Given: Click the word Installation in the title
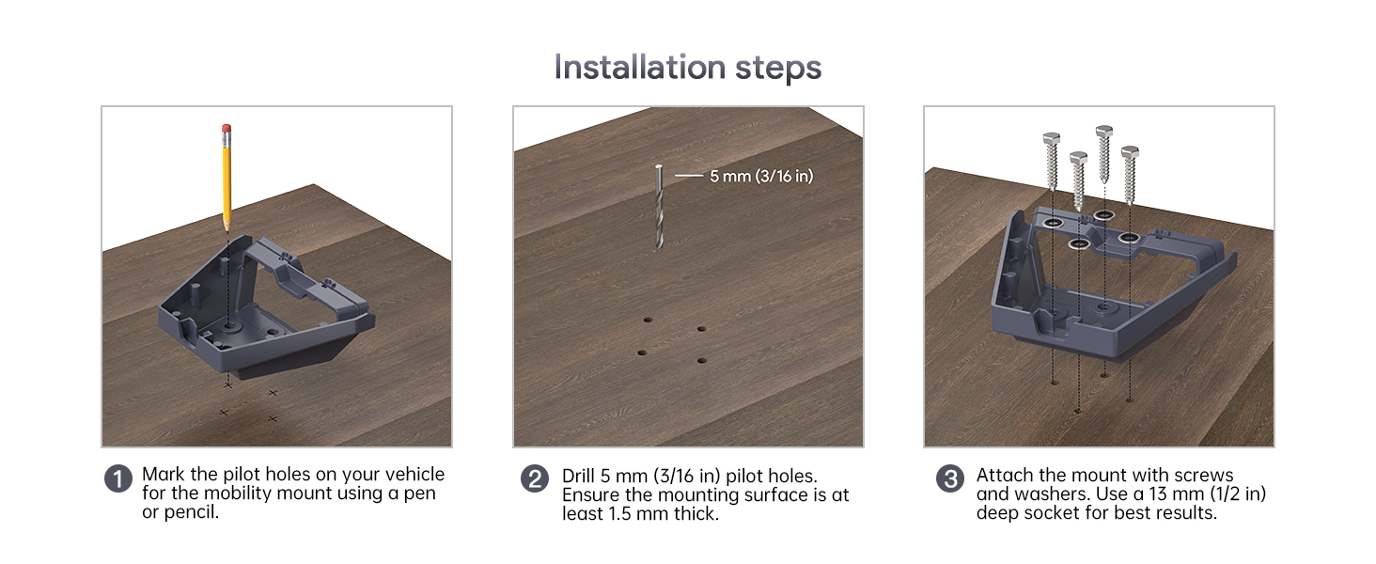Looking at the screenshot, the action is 639,67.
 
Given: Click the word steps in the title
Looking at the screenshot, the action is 778,69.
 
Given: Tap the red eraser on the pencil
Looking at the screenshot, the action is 227,129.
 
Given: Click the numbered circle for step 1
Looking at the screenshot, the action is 117,478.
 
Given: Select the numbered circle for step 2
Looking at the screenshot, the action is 535,478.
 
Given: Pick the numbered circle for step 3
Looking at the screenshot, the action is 949,478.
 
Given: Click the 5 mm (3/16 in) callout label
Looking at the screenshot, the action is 761,177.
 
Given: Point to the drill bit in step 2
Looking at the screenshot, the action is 659,207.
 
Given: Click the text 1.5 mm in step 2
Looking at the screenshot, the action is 639,514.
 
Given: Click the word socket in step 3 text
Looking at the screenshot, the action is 1062,513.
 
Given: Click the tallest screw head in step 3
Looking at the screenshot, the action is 1103,133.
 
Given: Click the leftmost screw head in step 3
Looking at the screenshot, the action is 1052,139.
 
